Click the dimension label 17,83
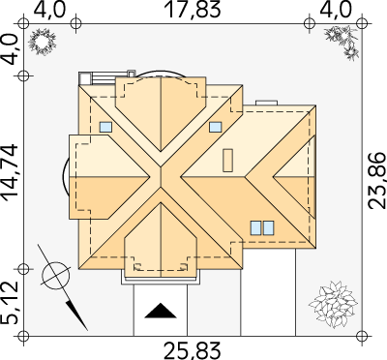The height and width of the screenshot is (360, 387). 193,10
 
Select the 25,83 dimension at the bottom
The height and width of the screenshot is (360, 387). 193,351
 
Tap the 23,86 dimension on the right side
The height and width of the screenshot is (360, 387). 376,181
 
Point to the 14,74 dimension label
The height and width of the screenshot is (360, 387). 10,172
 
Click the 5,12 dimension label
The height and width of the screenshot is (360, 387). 10,302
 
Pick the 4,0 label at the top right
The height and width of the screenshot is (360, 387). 336,10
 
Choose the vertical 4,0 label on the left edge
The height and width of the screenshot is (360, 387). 10,50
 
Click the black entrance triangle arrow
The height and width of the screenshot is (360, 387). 161,311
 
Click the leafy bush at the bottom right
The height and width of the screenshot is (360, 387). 333,304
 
